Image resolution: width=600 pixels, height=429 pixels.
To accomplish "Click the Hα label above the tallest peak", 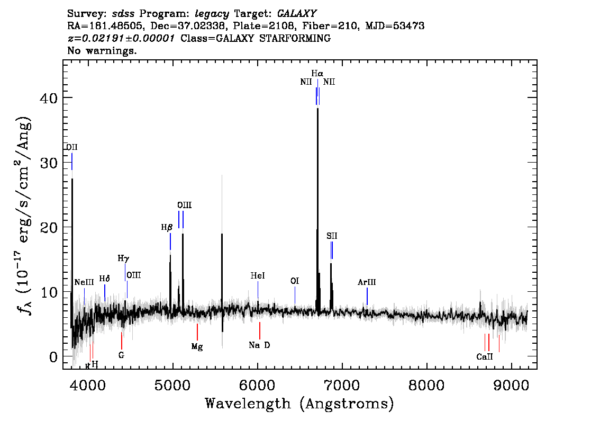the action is (x=317, y=73).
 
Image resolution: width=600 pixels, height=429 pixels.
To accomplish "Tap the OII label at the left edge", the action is (x=71, y=147).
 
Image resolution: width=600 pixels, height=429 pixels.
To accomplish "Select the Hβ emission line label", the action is (x=167, y=228).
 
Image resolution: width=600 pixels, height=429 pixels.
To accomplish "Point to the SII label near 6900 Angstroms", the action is (x=332, y=236).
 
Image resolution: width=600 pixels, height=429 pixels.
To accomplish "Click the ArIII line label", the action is (x=367, y=282).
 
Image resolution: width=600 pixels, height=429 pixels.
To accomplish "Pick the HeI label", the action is (x=258, y=276).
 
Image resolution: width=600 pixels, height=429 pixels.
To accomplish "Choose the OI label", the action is (x=294, y=281).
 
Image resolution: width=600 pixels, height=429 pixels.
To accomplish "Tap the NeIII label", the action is (x=84, y=282).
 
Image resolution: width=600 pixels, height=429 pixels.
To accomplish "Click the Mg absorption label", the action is (x=197, y=347).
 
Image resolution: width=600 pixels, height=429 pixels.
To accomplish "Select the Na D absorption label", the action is (x=259, y=345).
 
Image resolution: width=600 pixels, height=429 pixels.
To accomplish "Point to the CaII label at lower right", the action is (x=485, y=357).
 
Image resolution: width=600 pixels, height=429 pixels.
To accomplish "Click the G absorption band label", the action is (x=121, y=355).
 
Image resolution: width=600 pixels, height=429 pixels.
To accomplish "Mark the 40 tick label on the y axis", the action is (x=49, y=98).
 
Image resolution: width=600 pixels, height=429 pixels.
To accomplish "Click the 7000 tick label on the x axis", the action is (x=342, y=385).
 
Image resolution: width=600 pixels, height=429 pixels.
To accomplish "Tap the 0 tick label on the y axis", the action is (x=53, y=358).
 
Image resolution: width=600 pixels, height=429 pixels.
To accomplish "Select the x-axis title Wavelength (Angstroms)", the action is (x=299, y=404).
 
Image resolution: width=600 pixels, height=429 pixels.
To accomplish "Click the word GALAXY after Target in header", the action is (x=296, y=14).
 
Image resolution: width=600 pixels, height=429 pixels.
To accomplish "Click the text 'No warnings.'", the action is (x=102, y=50).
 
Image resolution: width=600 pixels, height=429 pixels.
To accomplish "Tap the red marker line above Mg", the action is (x=197, y=332).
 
